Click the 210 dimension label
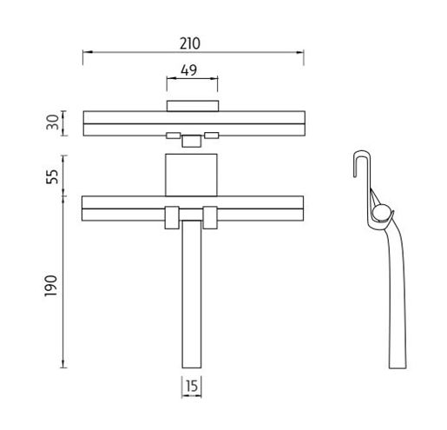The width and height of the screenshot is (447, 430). tap(190, 43)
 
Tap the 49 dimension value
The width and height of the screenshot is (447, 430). tap(189, 70)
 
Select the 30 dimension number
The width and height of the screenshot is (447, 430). tap(53, 122)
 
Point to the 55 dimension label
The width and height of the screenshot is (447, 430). tap(52, 176)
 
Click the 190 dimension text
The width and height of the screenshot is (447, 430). tap(51, 286)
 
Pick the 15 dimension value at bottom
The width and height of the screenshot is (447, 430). tap(192, 386)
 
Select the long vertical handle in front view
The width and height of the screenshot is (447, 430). tap(192, 294)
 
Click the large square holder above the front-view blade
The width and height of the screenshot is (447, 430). tap(191, 175)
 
